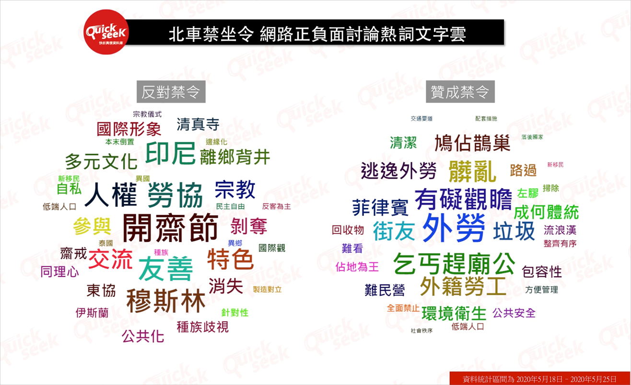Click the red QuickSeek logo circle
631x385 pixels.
coord(106,32)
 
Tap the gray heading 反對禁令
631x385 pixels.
coord(171,91)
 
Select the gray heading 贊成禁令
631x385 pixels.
coord(460,91)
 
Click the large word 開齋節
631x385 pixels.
coord(170,228)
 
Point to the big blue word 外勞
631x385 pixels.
coord(454,228)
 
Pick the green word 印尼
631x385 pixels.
coord(170,153)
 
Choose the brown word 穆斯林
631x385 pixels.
coord(166,301)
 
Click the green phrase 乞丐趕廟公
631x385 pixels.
coord(454,263)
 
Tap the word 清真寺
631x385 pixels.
coord(198,125)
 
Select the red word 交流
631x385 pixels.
coord(110,259)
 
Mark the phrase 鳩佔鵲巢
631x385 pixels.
coord(472,143)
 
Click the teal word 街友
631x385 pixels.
coord(394,231)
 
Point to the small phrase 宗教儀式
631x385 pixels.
coord(147,114)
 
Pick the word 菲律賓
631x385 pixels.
coord(380,207)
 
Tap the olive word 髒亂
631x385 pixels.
coord(472,171)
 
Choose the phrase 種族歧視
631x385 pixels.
coord(203,327)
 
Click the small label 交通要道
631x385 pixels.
coord(421,119)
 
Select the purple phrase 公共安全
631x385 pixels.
coord(514,313)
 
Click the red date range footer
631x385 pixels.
coord(539,378)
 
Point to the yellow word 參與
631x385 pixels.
coord(92,226)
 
